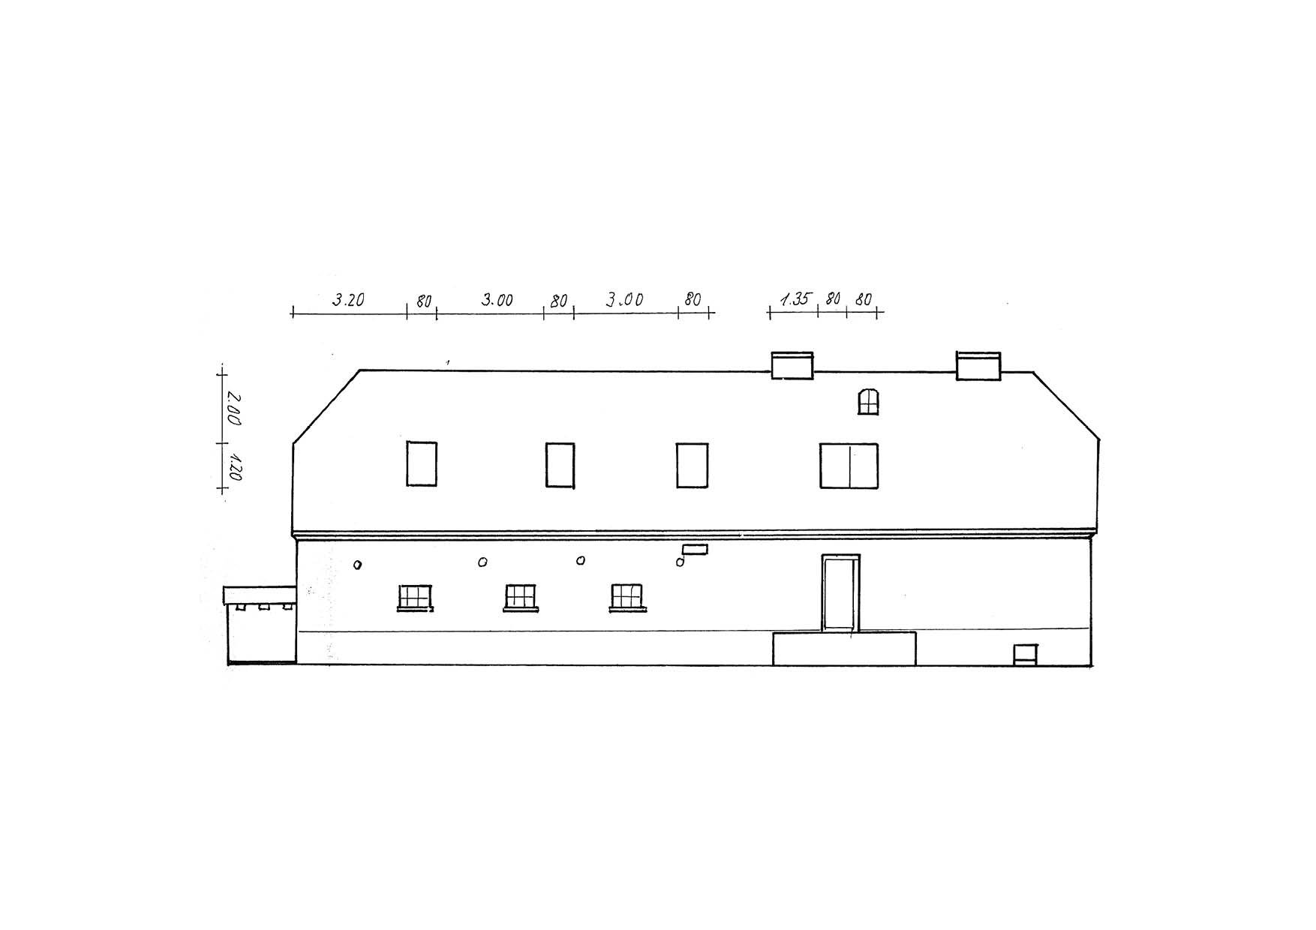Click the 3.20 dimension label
[x=348, y=300]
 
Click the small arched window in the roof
[x=868, y=401]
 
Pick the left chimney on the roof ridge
[x=792, y=365]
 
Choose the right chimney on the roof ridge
[x=978, y=365]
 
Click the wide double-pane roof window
[x=849, y=466]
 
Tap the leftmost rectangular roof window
[x=422, y=463]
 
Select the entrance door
[x=840, y=592]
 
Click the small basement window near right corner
[x=1024, y=654]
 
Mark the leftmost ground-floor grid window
[x=414, y=598]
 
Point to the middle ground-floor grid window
[x=521, y=598]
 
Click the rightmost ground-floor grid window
[x=627, y=598]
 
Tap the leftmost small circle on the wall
[x=358, y=565]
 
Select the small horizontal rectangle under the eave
[x=694, y=549]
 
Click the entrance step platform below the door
[x=844, y=648]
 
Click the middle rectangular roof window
[x=560, y=465]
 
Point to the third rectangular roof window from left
[x=692, y=465]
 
